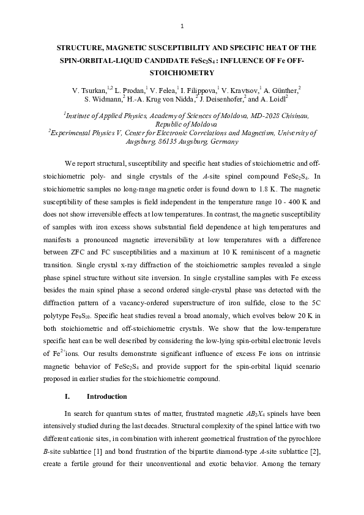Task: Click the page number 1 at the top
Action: [x=182, y=25]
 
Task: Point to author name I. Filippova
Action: [x=200, y=90]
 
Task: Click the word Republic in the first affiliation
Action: [x=162, y=123]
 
